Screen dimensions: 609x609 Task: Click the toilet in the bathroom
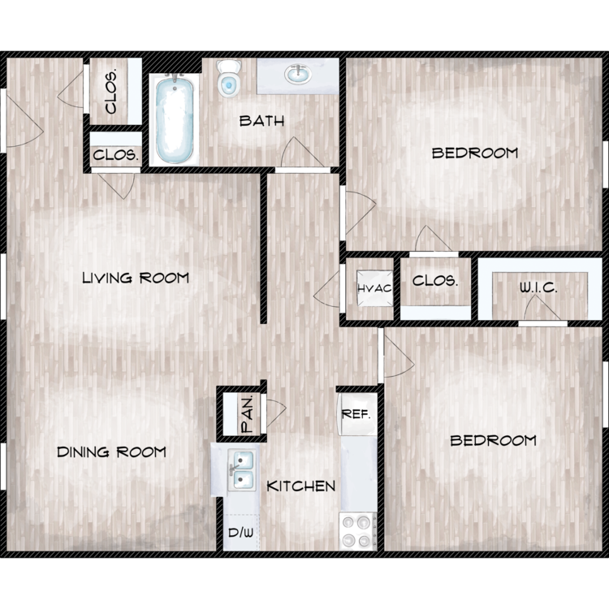(229, 78)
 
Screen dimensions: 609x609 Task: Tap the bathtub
(175, 120)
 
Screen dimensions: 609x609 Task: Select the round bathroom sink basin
(298, 74)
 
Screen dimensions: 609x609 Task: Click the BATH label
(261, 121)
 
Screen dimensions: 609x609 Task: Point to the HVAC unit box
(375, 288)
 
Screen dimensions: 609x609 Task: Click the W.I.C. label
(538, 287)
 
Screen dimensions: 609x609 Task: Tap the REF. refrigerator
(358, 414)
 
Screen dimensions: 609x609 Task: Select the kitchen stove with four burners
(358, 531)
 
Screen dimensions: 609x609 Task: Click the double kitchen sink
(242, 470)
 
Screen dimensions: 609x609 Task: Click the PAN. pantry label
(248, 414)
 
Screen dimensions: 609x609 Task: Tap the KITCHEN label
(301, 486)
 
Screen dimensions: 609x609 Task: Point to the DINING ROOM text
(111, 452)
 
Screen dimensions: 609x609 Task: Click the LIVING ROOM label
(136, 278)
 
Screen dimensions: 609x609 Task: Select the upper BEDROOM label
(475, 153)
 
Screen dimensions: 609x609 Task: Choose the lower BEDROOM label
(493, 440)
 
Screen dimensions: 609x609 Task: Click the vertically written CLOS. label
(111, 92)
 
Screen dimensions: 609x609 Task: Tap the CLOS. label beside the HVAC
(435, 281)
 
